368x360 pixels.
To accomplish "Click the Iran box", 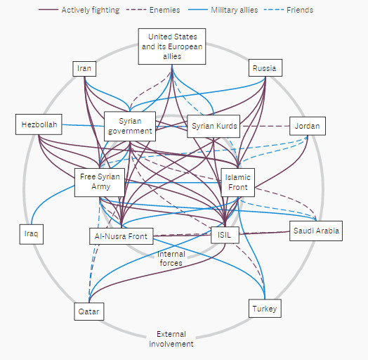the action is click(84, 69).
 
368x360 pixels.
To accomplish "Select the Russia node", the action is click(265, 67).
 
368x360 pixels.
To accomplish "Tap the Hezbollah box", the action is click(39, 124).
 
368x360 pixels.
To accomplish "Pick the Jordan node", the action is click(308, 126).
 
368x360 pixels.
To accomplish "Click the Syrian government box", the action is click(130, 126).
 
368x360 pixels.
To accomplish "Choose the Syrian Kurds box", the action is click(213, 126).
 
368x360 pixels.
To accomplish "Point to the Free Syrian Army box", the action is click(100, 182).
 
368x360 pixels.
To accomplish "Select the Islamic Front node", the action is click(238, 182).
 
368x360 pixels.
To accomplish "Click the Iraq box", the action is click(32, 234).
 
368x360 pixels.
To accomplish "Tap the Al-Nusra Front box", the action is click(121, 236).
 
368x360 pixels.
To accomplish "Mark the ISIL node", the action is click(225, 235).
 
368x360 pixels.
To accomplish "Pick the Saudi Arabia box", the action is click(316, 231).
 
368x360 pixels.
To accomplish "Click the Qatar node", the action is click(89, 311).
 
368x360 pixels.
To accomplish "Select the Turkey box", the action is click(265, 308).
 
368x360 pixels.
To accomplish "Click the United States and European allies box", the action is click(172, 46).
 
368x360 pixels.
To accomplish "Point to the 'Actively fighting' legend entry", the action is click(79, 10).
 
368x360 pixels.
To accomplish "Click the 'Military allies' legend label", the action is click(235, 10).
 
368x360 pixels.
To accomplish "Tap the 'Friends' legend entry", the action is click(289, 10).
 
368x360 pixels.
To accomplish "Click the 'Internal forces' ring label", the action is click(171, 258).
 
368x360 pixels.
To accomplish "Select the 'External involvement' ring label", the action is click(171, 339).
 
